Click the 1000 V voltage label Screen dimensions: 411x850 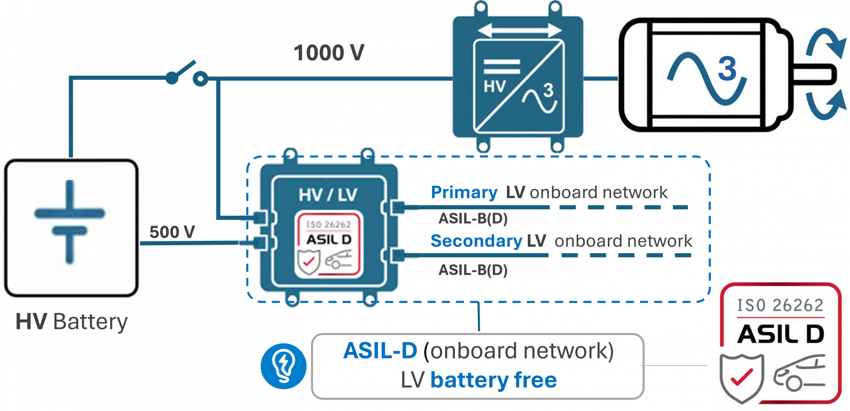click(329, 53)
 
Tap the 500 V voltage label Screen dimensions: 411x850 click(172, 232)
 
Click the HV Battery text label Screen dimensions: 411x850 click(71, 322)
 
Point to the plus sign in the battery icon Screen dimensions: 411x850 click(69, 213)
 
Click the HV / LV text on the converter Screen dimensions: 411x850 click(328, 195)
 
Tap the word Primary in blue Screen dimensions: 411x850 click(464, 192)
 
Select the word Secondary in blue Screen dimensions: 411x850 click(476, 241)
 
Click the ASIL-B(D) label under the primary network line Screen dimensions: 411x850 click(473, 219)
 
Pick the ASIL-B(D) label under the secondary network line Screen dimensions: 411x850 click(473, 270)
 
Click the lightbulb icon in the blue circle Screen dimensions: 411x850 click(283, 366)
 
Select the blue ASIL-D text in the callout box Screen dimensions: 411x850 click(380, 351)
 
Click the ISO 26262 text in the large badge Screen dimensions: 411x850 click(780, 305)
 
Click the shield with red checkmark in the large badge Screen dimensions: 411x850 click(741, 377)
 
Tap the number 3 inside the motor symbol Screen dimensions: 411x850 click(727, 68)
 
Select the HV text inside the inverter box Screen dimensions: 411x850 click(494, 87)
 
